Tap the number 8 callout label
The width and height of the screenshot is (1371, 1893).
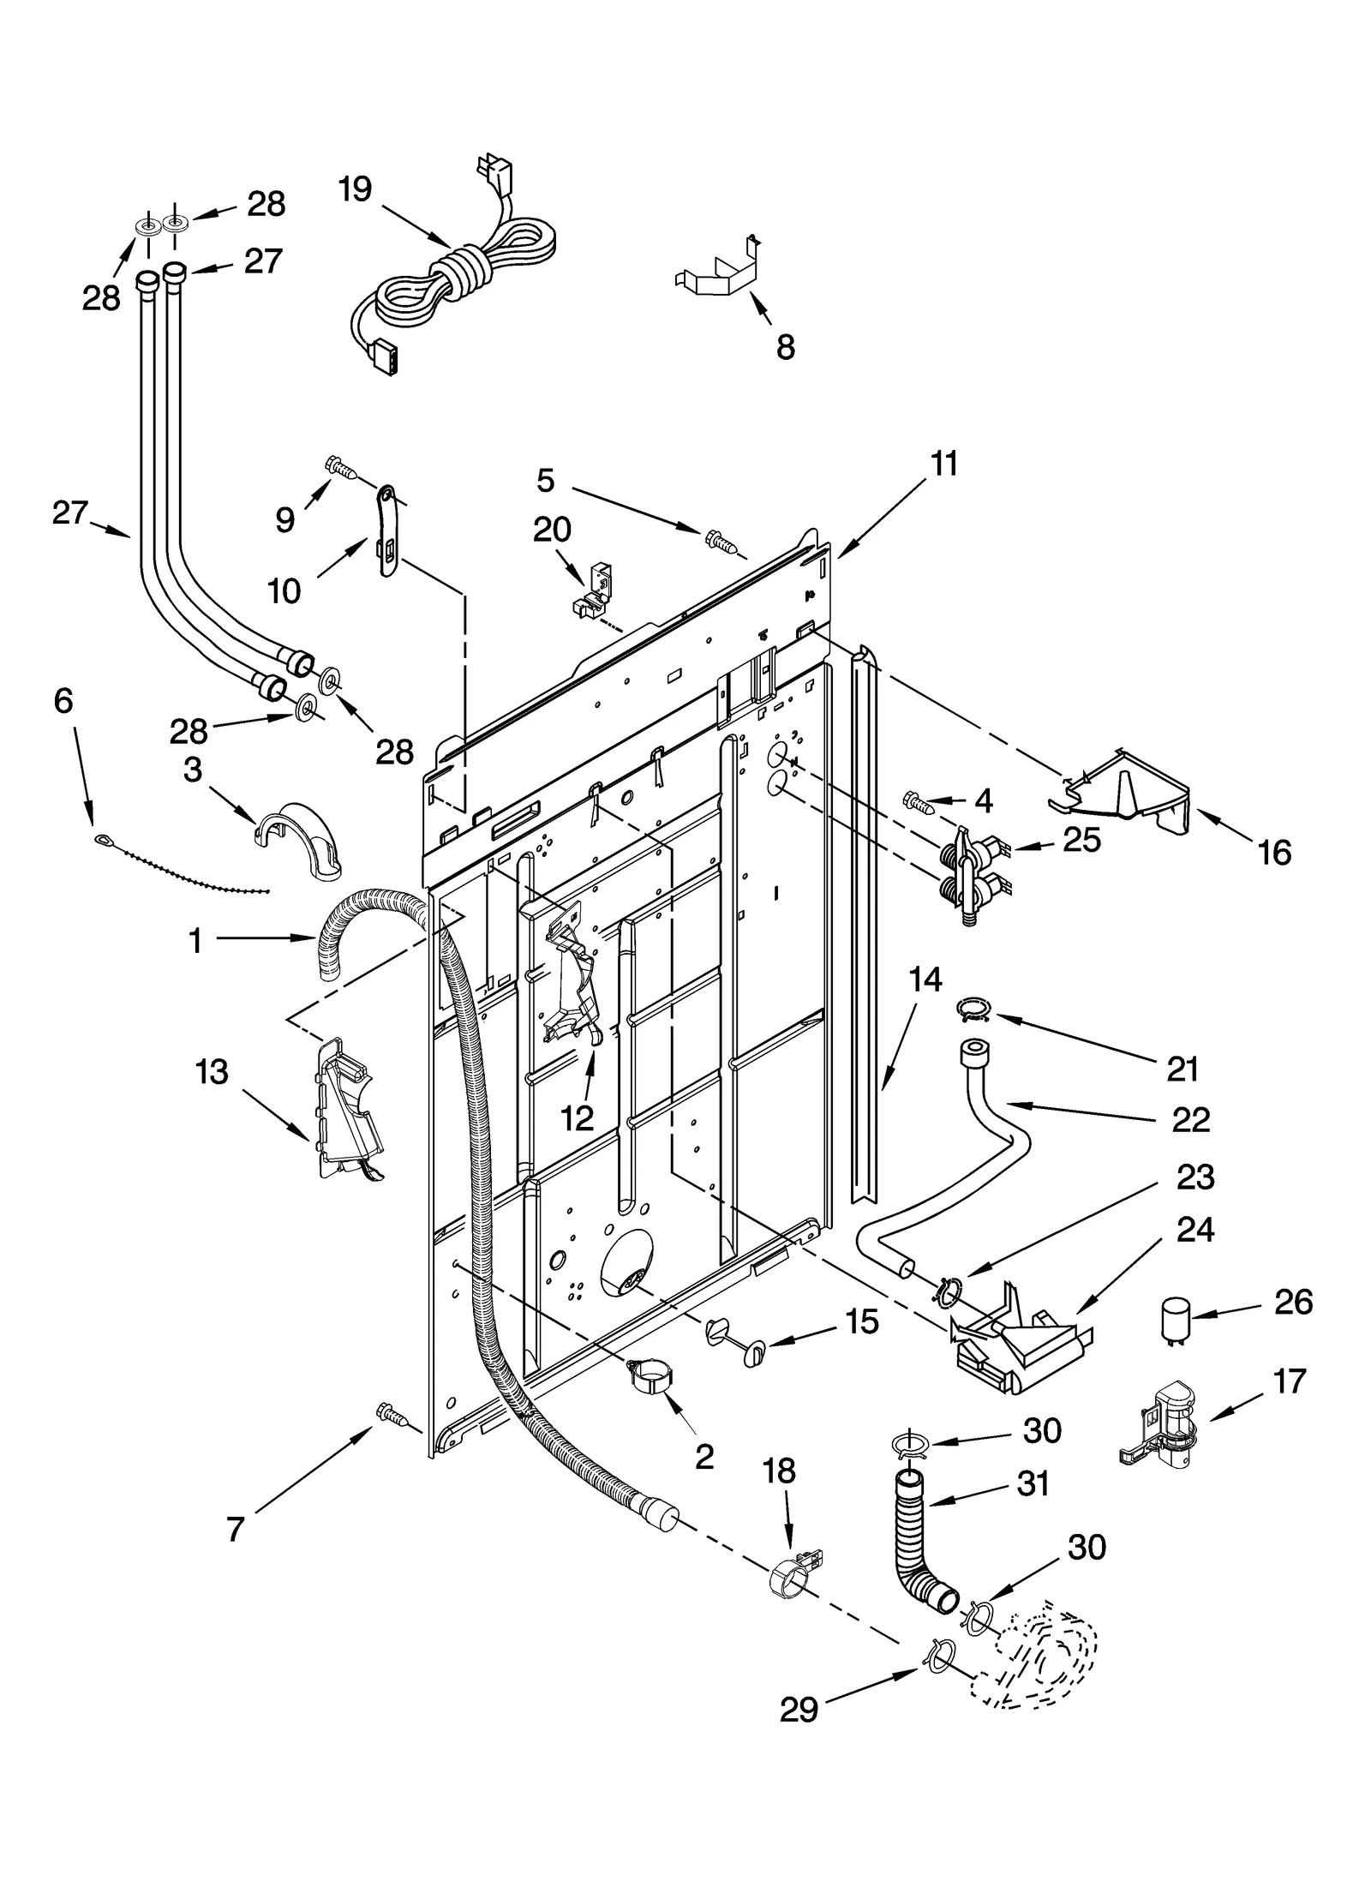tap(784, 347)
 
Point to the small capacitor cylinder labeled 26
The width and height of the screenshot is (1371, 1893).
tap(1176, 1321)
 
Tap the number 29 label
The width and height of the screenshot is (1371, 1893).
tap(799, 1731)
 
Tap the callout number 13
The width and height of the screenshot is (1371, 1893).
tap(212, 1071)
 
